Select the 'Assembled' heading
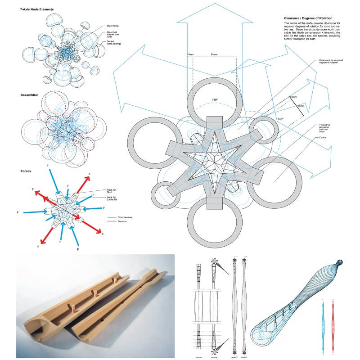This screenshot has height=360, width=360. tap(29, 95)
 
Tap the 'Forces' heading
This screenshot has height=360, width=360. tap(26, 171)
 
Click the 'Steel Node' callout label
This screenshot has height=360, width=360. tap(112, 27)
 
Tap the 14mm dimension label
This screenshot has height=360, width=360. tap(190, 54)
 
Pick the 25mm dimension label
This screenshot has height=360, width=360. tap(301, 106)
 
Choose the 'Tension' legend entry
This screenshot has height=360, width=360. tap(121, 222)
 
